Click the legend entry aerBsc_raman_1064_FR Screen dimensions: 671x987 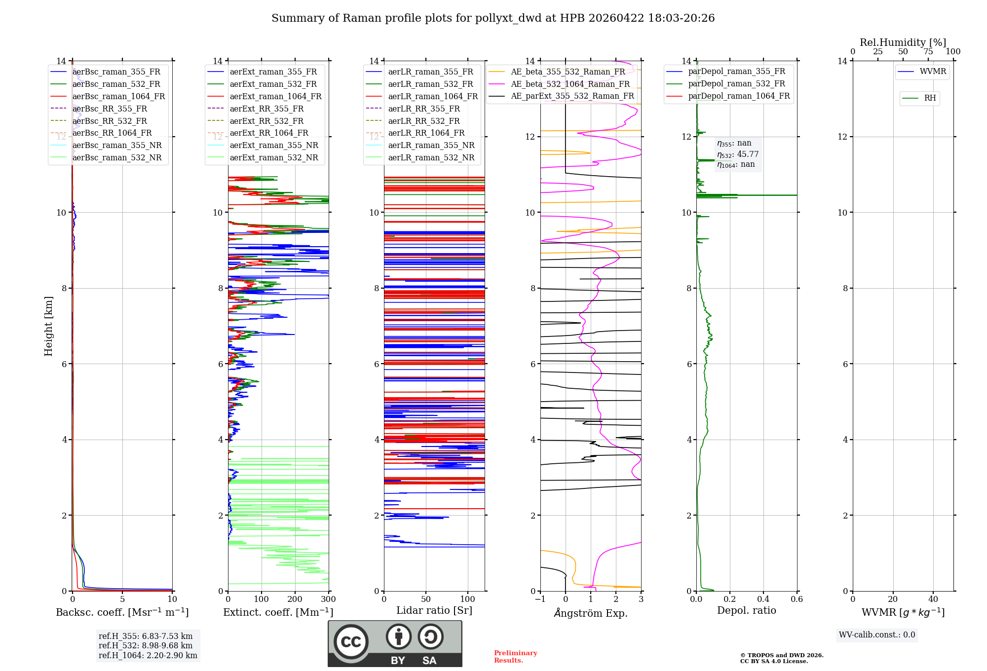coord(118,97)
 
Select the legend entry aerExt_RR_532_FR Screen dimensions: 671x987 coord(266,121)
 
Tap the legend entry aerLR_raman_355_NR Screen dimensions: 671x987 coord(431,145)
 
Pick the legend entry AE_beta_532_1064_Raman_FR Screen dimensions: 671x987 coord(570,84)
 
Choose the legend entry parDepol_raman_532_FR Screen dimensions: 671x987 coord(736,84)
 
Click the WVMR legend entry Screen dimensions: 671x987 coord(933,72)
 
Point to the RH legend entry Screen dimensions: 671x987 coord(930,98)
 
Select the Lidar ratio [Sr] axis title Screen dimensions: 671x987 coord(434,610)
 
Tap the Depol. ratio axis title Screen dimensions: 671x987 coord(746,610)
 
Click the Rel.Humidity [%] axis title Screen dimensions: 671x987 coord(903,42)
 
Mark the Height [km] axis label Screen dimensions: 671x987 coord(48,326)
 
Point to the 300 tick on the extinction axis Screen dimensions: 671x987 coord(328,599)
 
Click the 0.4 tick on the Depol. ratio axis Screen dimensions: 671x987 coord(763,599)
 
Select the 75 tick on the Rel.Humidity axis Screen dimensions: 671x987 coord(928,52)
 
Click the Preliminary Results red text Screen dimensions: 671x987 coord(515,657)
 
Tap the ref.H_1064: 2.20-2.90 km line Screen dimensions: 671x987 coord(148,656)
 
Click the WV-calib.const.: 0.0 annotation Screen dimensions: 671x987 coord(877,635)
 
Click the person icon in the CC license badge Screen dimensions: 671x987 coord(399,636)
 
